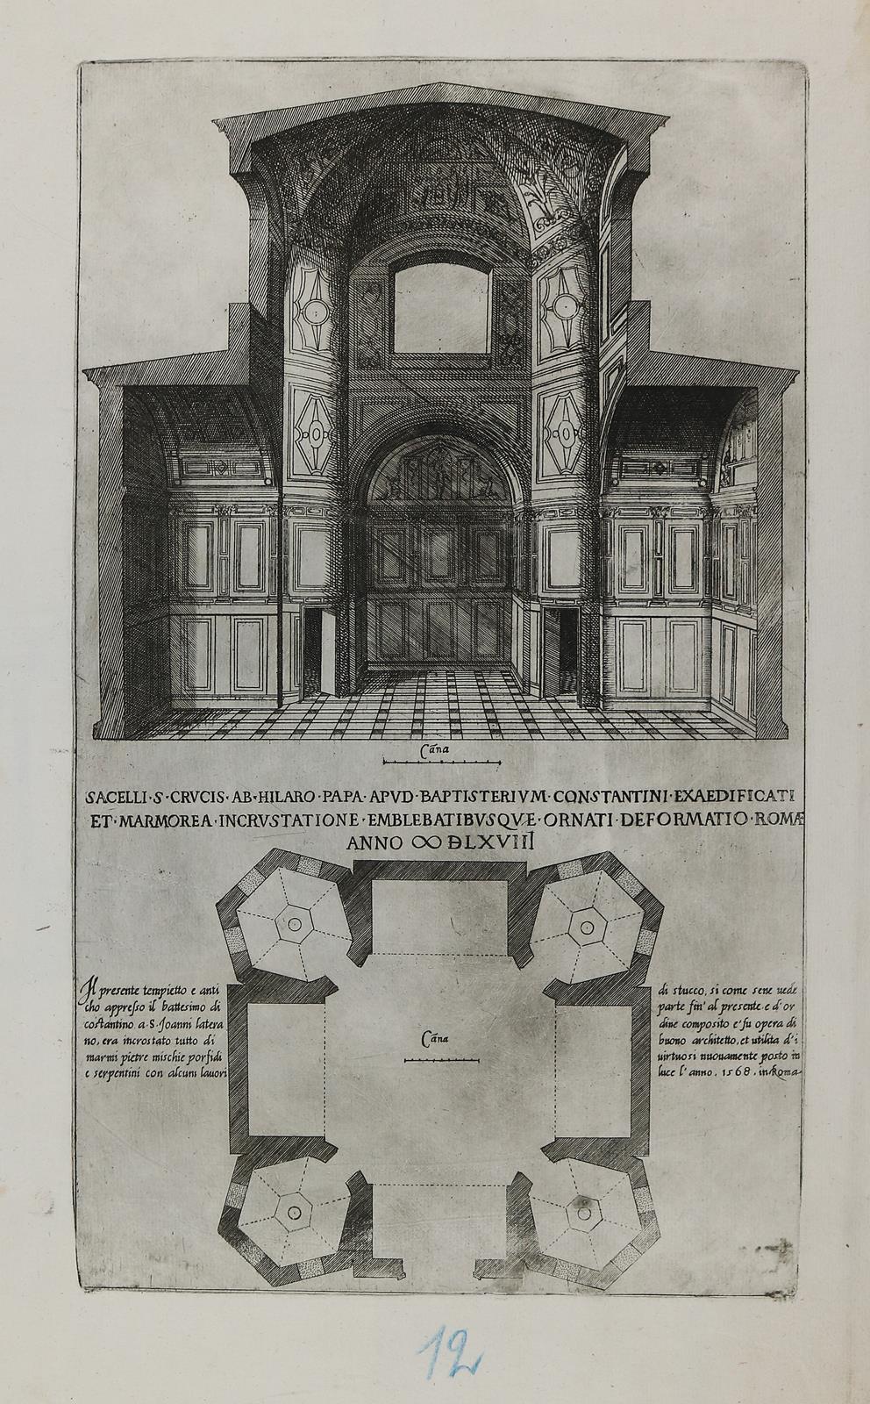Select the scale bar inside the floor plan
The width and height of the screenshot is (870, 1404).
[x=441, y=1060]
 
